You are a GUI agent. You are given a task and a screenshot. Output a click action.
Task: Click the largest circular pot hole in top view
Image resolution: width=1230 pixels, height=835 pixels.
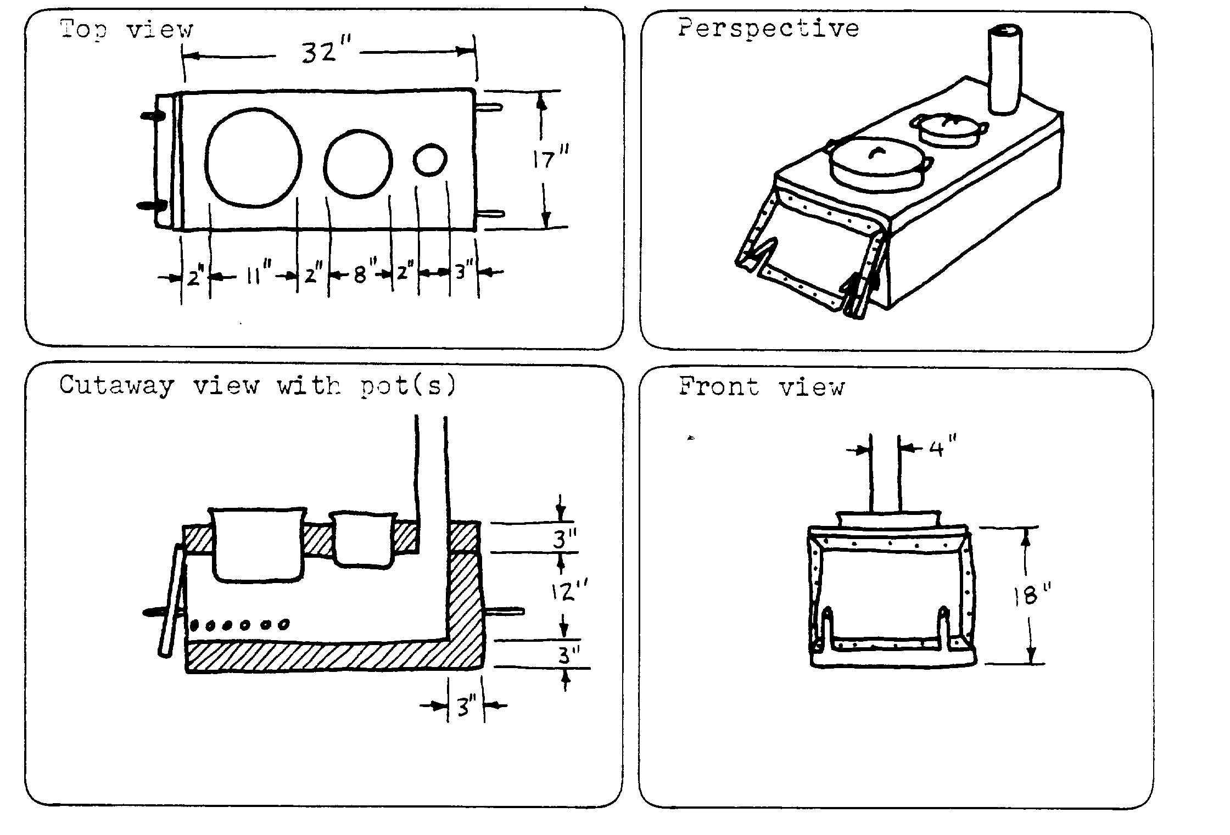[x=254, y=158]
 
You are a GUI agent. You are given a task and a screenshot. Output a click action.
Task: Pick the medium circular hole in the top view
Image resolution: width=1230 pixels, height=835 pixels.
[x=358, y=163]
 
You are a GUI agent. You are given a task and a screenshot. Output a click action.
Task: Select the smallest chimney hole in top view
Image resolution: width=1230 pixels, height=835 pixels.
[x=430, y=160]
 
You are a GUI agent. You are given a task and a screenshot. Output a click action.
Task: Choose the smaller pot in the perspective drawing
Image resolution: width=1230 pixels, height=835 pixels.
[x=948, y=131]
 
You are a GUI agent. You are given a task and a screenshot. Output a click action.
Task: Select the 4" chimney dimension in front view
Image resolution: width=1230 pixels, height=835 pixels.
[x=942, y=449]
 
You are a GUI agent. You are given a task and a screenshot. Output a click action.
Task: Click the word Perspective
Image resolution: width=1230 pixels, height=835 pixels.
[x=768, y=29]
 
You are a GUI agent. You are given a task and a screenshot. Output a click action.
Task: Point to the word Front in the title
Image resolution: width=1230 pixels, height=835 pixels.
[x=719, y=386]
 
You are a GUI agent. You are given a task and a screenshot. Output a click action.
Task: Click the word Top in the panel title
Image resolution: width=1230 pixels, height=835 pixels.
[x=82, y=29]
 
